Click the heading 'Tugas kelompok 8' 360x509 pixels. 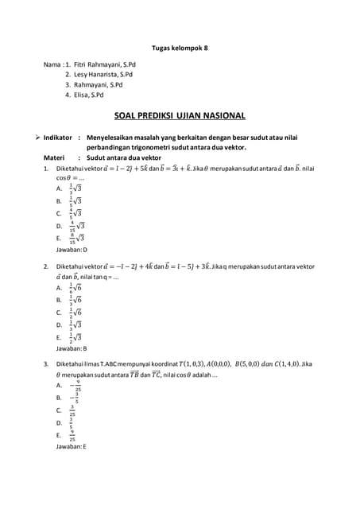click(179, 47)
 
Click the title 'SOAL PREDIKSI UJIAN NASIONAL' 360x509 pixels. click(180, 115)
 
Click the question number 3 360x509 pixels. click(46, 363)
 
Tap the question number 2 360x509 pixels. click(46, 266)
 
